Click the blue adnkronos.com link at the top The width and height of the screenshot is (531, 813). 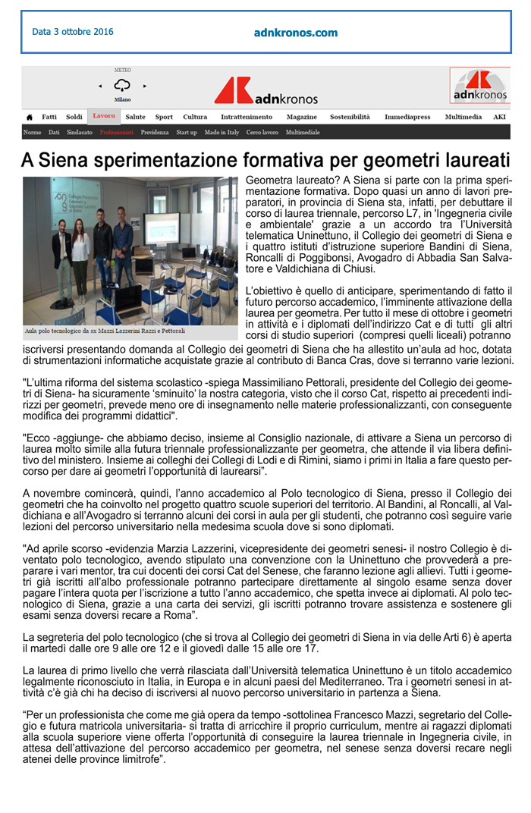coord(296,33)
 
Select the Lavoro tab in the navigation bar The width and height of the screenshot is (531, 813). coord(104,117)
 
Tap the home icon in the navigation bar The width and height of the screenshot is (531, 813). coord(30,118)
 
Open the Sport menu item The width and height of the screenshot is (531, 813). coord(164,118)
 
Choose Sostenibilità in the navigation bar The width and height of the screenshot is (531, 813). coord(350,118)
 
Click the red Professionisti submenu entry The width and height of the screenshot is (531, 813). coord(116,133)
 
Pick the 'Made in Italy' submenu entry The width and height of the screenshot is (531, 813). coord(222,133)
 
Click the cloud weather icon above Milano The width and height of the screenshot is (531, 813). coord(121,86)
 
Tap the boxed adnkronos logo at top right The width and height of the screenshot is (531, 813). coord(479,86)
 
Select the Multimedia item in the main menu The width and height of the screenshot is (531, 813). coord(463,118)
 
